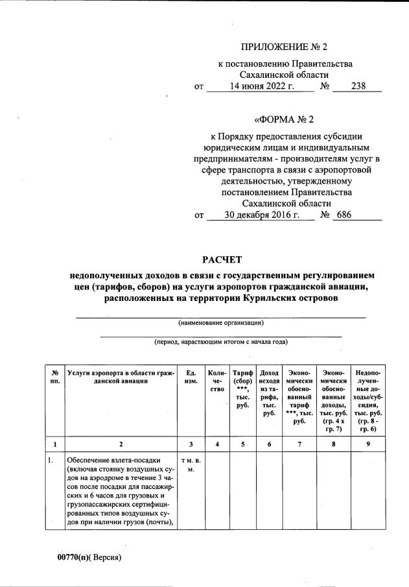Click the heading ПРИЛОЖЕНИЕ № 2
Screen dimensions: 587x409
(x=286, y=47)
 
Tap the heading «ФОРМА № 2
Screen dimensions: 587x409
(x=286, y=120)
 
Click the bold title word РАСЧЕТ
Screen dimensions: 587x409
(x=222, y=261)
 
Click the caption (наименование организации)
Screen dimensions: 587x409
(x=221, y=322)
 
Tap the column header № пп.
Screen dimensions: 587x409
(x=55, y=377)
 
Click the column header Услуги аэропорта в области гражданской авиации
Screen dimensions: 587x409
(x=121, y=377)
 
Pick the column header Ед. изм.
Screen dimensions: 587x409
(x=191, y=377)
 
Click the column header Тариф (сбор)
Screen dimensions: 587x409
(x=242, y=389)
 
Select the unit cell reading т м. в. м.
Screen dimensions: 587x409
(x=191, y=465)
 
